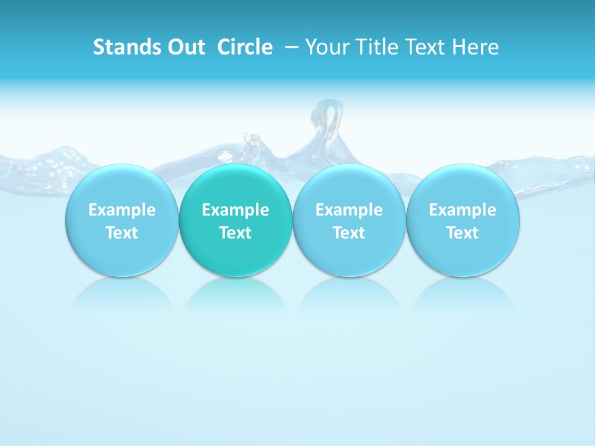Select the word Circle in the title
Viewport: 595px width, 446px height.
pos(245,47)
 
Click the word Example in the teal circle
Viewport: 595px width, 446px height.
pos(236,210)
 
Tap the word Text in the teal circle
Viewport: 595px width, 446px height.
pos(236,233)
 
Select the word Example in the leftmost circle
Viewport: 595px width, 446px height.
pos(121,210)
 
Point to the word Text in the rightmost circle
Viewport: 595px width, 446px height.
pos(462,233)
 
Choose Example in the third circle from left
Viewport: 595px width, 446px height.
pos(349,210)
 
